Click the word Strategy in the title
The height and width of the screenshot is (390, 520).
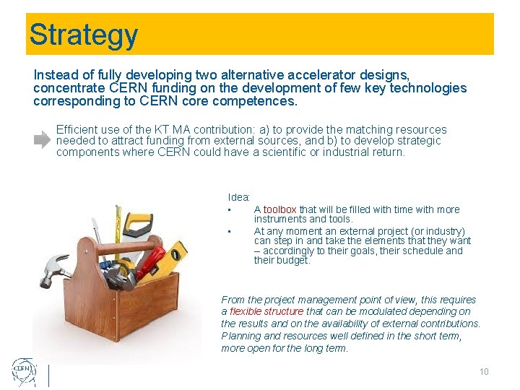point(83,35)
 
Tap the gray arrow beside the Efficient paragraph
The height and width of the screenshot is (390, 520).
point(43,140)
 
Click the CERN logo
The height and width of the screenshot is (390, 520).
point(24,372)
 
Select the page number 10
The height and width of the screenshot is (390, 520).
point(484,372)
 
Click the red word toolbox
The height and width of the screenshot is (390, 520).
point(279,209)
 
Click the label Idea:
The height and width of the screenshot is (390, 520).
point(239,197)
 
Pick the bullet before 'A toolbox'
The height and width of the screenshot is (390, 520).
point(228,210)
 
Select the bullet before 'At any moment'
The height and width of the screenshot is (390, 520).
point(228,231)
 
